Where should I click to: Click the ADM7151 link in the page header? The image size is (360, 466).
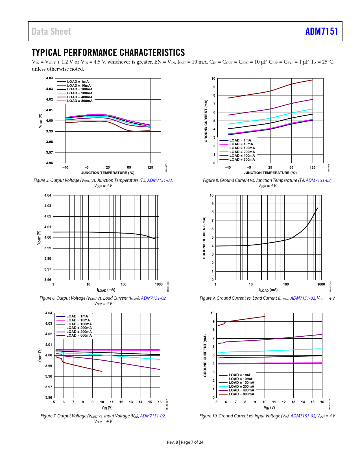pos(321,31)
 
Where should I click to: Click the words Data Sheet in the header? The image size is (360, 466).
pos(51,32)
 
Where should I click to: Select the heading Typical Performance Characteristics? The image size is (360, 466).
pos(108,53)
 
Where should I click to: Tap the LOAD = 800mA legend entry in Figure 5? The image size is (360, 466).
pos(80,101)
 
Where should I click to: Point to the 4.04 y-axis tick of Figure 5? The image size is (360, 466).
pos(49,78)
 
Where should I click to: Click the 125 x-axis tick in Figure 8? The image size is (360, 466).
pos(312,167)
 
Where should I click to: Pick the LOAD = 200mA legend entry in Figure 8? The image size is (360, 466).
pos(242,152)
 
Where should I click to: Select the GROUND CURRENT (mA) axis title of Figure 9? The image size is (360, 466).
pos(204,238)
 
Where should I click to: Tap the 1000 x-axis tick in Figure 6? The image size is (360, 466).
pos(159,284)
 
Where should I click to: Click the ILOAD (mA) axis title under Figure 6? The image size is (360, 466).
pos(106,290)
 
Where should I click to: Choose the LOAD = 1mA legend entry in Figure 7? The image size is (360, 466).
pos(77,316)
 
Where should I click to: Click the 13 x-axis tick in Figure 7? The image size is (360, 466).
pos(131,402)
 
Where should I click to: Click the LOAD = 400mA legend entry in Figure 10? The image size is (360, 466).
pos(241,390)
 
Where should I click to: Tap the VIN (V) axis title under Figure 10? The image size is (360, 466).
pos(269,408)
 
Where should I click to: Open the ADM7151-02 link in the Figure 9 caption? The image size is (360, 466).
pos(302,298)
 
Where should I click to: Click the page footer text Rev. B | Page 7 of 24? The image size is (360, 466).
pos(185,442)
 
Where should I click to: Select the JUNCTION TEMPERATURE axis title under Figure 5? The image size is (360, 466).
pos(108,173)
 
